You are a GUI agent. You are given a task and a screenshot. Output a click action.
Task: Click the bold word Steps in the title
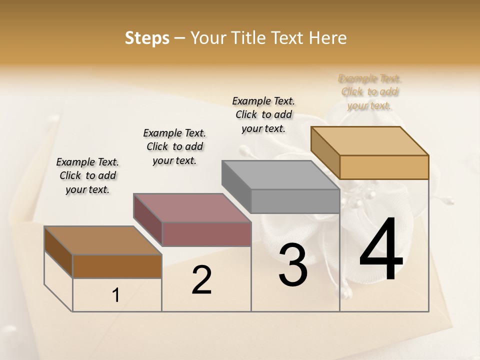(147, 38)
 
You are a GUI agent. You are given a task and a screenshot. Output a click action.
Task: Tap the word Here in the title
(328, 38)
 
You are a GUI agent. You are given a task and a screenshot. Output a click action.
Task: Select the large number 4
(381, 250)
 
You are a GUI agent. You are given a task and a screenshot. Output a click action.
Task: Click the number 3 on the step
(293, 265)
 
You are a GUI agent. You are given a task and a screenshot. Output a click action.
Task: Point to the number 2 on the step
(201, 280)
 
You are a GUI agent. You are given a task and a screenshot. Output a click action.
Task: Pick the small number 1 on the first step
(116, 295)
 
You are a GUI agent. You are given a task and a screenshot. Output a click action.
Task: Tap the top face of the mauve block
(192, 207)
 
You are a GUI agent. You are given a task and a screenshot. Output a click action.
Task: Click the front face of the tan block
(384, 167)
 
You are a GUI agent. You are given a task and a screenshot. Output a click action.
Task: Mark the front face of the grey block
(295, 201)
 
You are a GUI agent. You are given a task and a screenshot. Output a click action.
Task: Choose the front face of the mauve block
(206, 234)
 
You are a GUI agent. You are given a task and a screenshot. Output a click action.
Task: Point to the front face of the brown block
(117, 266)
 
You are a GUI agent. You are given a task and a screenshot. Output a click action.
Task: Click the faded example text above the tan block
(370, 92)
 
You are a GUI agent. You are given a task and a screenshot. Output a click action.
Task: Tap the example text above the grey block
(263, 114)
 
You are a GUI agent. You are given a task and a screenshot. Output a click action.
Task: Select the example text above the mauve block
(174, 146)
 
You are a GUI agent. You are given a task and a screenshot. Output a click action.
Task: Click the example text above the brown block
(87, 175)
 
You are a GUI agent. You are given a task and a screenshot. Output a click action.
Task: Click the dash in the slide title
(180, 38)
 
